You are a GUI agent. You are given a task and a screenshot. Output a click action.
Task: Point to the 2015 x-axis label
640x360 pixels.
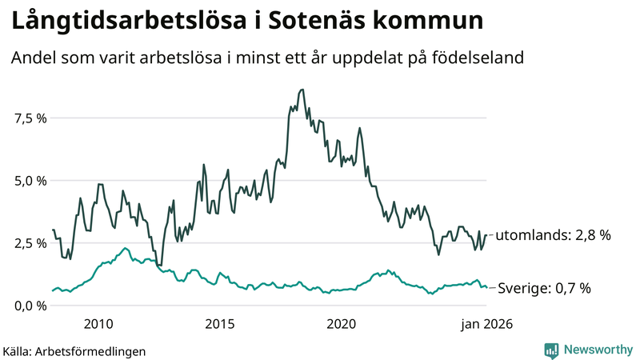tap(220, 324)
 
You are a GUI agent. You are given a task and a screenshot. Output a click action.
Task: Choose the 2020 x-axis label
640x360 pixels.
tap(342, 324)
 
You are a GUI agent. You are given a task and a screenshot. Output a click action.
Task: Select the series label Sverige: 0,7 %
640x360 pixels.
tap(544, 288)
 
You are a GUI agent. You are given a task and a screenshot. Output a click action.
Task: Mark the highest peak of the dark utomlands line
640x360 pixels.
tap(302, 90)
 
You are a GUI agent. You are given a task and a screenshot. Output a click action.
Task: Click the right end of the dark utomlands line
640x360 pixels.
tap(486, 235)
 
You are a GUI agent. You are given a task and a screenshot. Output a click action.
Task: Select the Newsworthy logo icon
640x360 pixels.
tap(552, 350)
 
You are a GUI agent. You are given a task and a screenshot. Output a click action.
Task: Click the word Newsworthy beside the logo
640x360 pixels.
tap(598, 350)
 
